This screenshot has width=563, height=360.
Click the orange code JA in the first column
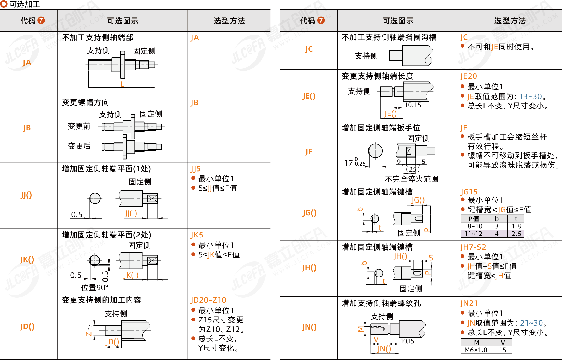pyautogui.click(x=27, y=63)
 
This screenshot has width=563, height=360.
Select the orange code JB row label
pyautogui.click(x=27, y=128)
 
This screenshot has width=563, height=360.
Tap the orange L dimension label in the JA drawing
pyautogui.click(x=122, y=84)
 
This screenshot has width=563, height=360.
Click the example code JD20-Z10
pyautogui.click(x=208, y=300)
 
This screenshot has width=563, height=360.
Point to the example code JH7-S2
pyautogui.click(x=473, y=247)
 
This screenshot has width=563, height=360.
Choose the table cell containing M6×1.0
pyautogui.click(x=476, y=350)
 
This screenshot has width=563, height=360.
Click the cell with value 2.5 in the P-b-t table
pyautogui.click(x=516, y=234)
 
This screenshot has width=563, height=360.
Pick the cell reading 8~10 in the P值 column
pyautogui.click(x=475, y=226)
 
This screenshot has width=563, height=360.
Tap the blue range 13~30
pyautogui.click(x=530, y=96)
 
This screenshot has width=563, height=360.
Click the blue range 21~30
pyautogui.click(x=531, y=323)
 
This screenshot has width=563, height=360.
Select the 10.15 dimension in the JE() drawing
pyautogui.click(x=413, y=105)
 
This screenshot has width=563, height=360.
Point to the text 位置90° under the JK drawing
pyautogui.click(x=94, y=287)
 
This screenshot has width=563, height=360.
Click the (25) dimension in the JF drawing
pyautogui.click(x=413, y=169)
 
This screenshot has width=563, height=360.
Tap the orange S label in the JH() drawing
pyautogui.click(x=431, y=258)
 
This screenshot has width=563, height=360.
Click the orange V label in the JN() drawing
pyautogui.click(x=376, y=339)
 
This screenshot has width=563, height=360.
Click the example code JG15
pyautogui.click(x=469, y=192)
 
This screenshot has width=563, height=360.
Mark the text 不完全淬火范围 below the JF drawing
pyautogui.click(x=411, y=179)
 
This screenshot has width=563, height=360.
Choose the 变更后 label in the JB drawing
pyautogui.click(x=79, y=146)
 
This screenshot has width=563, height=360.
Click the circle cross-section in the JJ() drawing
pyautogui.click(x=95, y=198)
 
